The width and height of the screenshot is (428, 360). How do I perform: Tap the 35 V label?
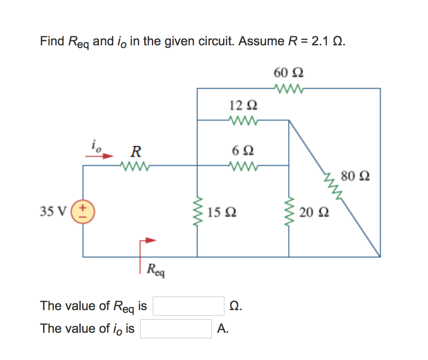(x=53, y=211)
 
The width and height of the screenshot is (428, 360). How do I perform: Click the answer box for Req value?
(x=189, y=306)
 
